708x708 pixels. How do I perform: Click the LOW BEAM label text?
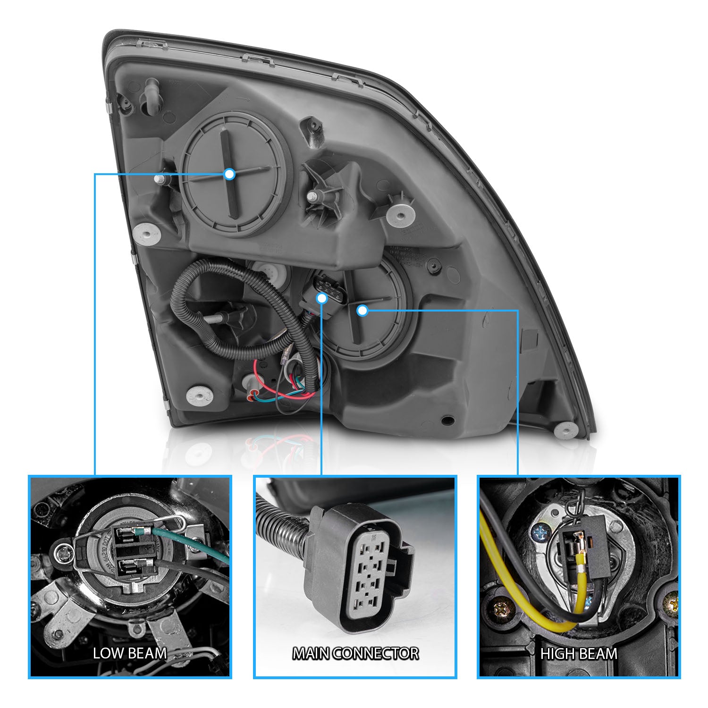130,653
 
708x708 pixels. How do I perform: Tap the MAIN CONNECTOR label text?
355,653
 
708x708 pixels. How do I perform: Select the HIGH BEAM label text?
579,654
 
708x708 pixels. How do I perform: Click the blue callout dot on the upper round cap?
229,174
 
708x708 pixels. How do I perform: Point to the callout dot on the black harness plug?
321,298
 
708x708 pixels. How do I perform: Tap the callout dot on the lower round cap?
362,310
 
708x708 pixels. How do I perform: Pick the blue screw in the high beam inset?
539,533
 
